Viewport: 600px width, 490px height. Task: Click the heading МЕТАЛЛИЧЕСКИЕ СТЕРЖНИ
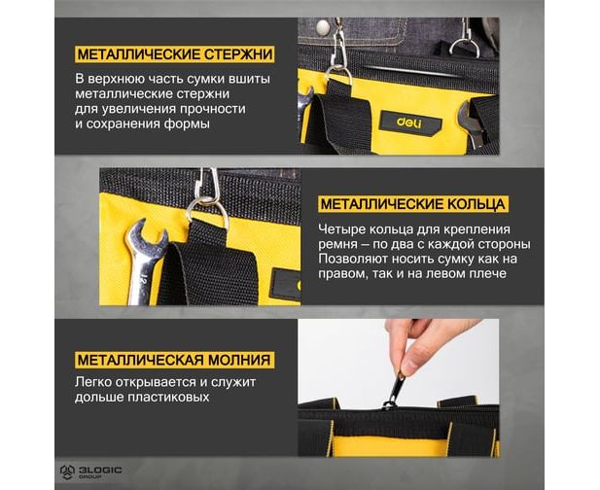(175, 54)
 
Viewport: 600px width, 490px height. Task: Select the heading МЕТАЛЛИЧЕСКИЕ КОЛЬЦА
(413, 204)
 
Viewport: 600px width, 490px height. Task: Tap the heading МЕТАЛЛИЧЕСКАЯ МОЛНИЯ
(174, 360)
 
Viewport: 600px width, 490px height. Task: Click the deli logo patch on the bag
(411, 123)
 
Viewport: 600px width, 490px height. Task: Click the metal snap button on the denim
(324, 26)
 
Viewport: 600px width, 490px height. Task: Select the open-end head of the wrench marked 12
(147, 236)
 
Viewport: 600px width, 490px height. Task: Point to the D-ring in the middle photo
(207, 212)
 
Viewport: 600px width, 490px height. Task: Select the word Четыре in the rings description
(340, 229)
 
